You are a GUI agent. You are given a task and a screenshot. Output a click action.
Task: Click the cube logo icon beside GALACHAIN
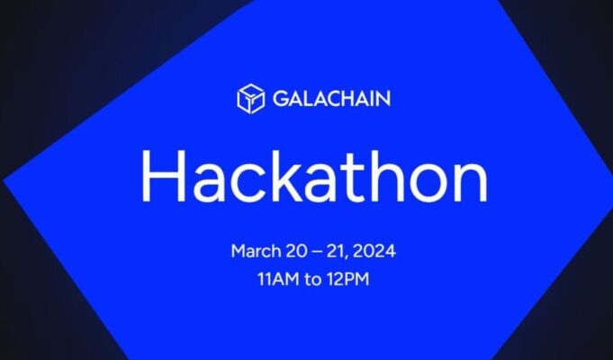pyautogui.click(x=250, y=98)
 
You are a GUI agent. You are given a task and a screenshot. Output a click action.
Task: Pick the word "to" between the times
pyautogui.click(x=311, y=279)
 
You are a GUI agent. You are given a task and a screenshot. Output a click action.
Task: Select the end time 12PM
pyautogui.click(x=349, y=279)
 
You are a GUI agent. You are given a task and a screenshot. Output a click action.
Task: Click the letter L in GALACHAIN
pyautogui.click(x=304, y=98)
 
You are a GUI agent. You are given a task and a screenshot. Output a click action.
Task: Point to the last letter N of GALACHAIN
pyautogui.click(x=383, y=98)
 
